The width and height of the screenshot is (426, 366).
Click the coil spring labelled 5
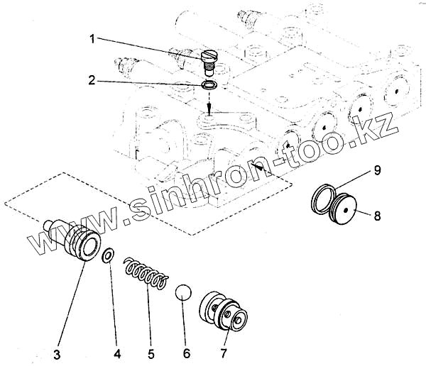click(146, 273)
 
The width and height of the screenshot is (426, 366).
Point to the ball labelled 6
click(184, 292)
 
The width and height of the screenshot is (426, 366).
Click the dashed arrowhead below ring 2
click(209, 109)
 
